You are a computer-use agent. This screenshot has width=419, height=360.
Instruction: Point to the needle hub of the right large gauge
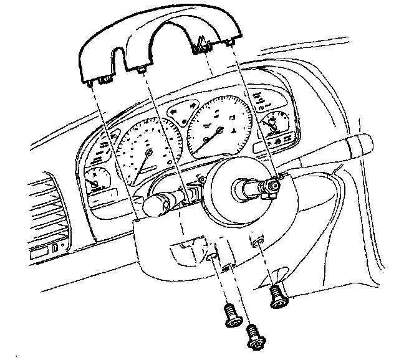coord(220,130)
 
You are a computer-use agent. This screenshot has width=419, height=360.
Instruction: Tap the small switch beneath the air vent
coord(57,249)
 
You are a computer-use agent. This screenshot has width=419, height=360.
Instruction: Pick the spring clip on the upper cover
coord(201,44)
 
